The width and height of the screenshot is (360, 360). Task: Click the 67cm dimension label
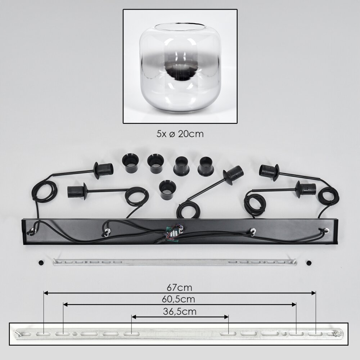coord(180,287)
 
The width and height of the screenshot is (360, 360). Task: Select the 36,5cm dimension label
coord(180,311)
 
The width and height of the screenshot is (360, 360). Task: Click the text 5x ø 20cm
coord(180,134)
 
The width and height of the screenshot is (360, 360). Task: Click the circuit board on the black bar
coord(174,234)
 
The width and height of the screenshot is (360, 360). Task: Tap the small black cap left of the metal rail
coord(41,262)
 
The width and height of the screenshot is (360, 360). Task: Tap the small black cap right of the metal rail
coord(309,262)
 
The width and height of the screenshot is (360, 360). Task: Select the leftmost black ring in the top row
coord(130,163)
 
